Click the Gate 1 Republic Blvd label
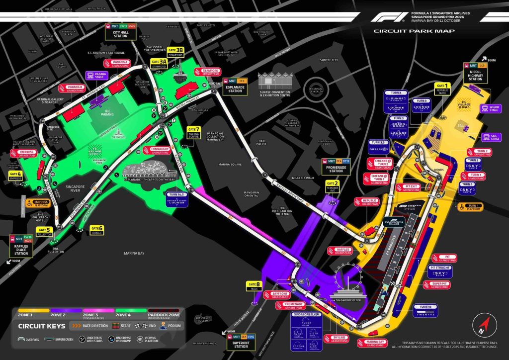pos(442,89)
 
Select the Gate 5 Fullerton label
pos(45,231)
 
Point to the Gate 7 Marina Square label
pos(193,132)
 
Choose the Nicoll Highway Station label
pos(476,72)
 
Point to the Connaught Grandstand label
pos(159,150)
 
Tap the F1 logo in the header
pos(388,17)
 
